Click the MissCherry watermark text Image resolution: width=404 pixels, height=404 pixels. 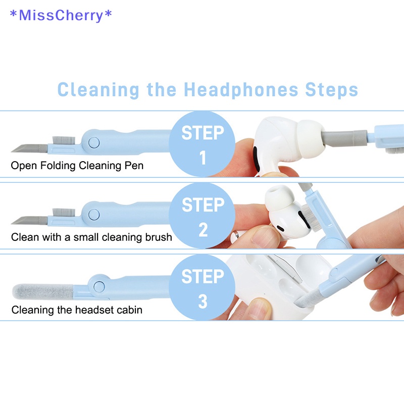pos(61,15)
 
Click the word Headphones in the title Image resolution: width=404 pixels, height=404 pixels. pos(241,90)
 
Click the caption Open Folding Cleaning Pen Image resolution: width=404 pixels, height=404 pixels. pos(77,165)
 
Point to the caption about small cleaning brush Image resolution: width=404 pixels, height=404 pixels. pos(91,237)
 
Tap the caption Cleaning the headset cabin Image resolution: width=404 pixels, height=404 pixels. pos(77,310)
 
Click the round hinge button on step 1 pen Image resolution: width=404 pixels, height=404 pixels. pos(93,143)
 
